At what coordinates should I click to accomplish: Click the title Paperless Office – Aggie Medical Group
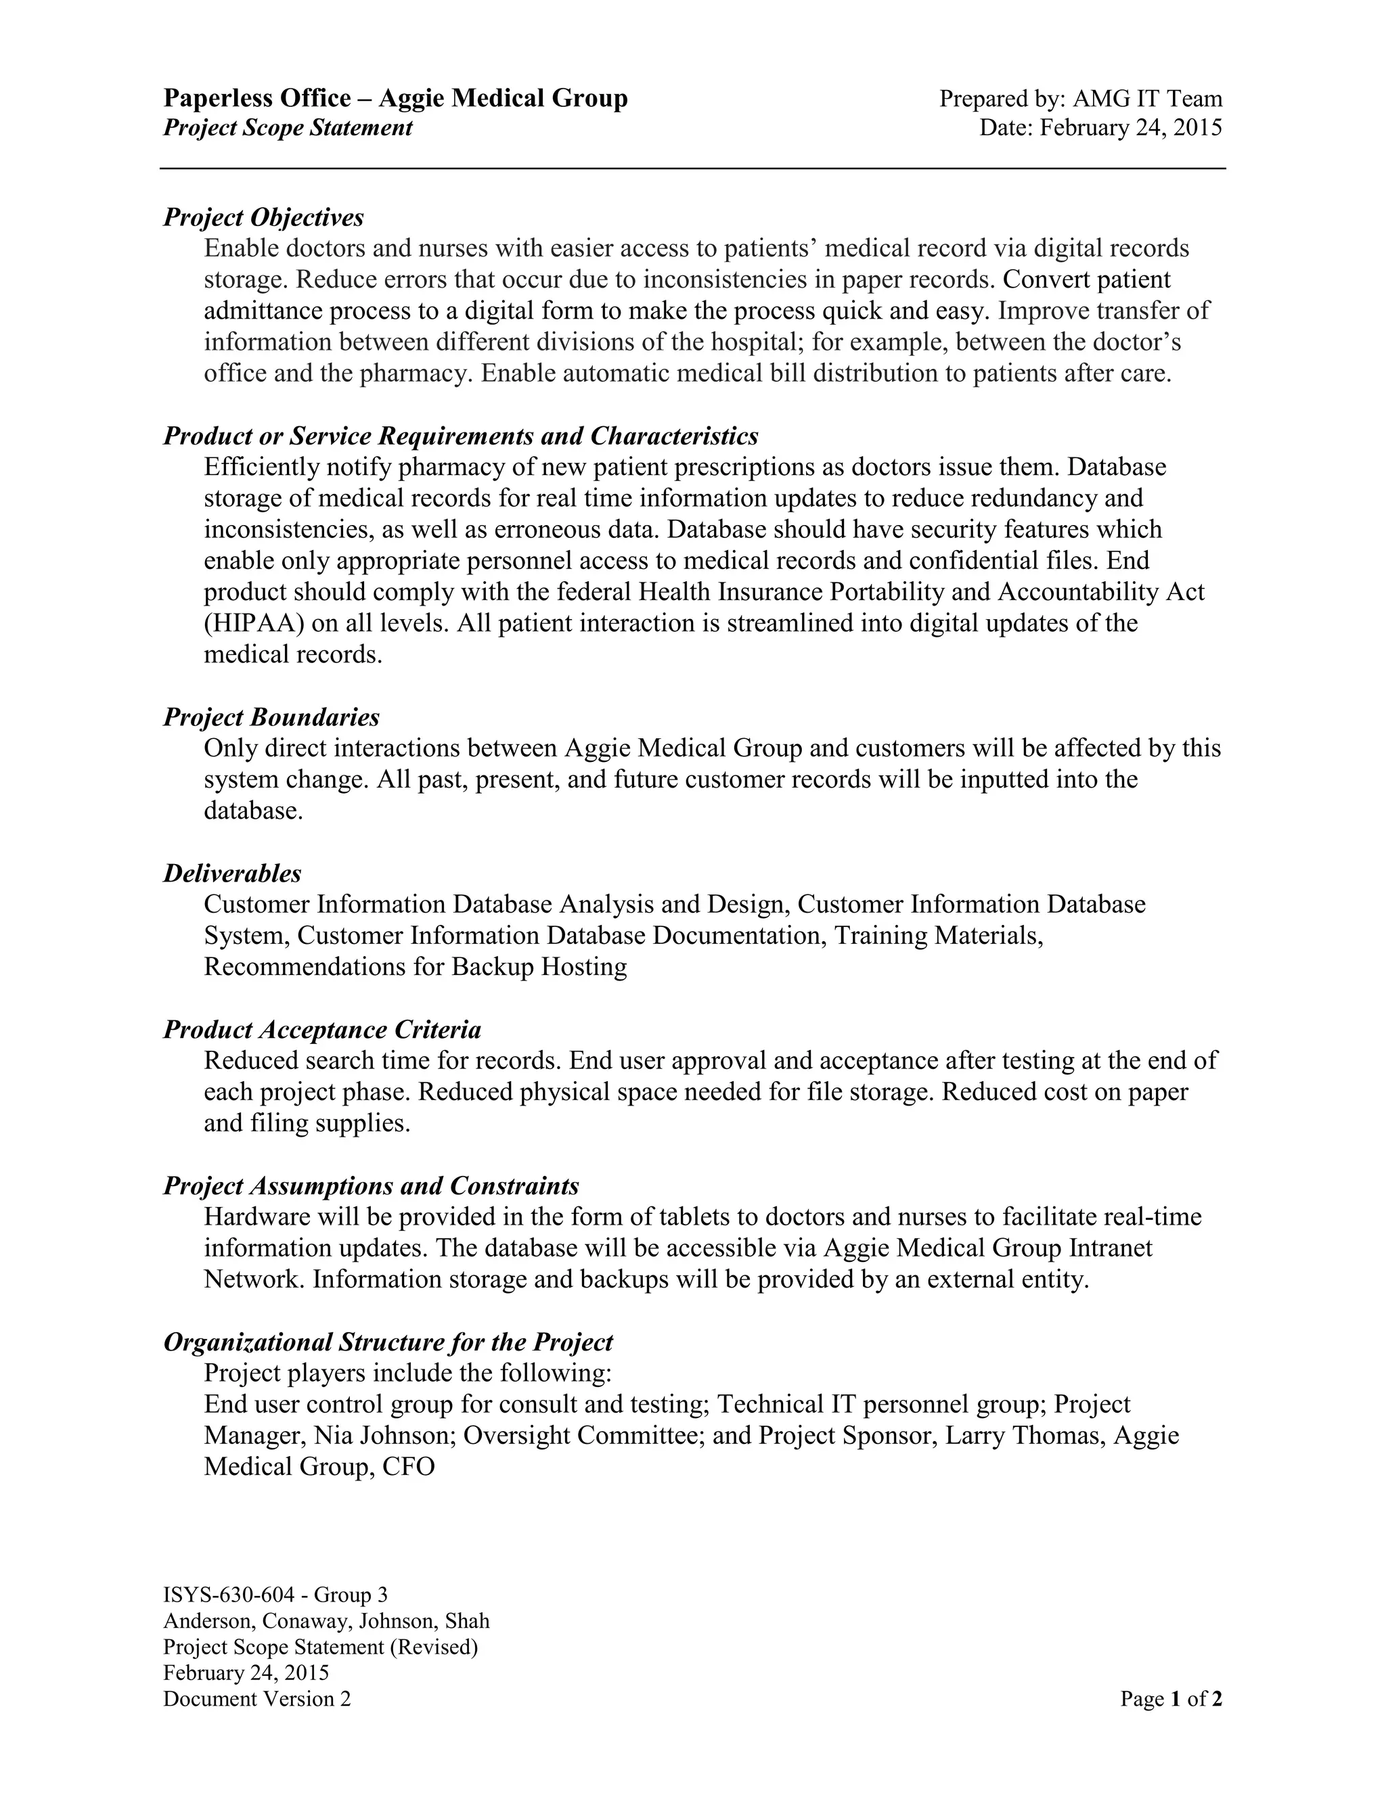395,99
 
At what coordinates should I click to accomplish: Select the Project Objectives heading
263,218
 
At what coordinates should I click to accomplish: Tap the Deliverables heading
232,873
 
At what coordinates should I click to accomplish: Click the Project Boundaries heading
271,717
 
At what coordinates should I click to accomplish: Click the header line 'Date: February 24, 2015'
1100,128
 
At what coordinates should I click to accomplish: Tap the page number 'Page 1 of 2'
1170,1698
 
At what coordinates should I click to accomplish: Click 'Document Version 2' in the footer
256,1698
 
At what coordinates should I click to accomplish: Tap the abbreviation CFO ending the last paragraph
408,1466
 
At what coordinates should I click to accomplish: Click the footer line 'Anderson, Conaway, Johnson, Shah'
326,1620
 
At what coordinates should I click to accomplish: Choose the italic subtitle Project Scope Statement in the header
288,128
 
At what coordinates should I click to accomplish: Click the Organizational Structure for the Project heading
388,1342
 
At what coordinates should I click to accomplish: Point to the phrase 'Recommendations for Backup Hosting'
415,967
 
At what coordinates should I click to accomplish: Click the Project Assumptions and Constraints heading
371,1185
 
